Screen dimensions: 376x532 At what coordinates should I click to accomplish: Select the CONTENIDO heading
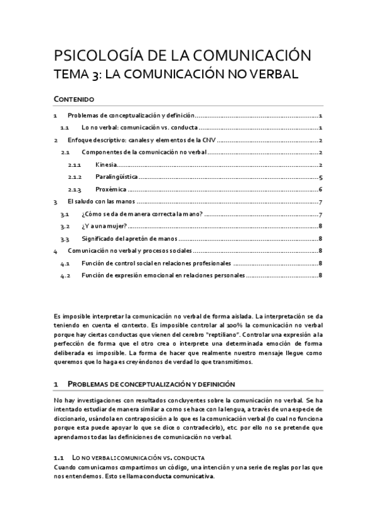coord(74,99)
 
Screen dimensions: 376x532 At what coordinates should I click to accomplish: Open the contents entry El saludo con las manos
coord(100,202)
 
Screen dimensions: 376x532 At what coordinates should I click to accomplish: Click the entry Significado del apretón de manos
coord(129,238)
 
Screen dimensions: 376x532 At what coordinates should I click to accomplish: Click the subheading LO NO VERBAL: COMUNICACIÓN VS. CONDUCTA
coord(139,457)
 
